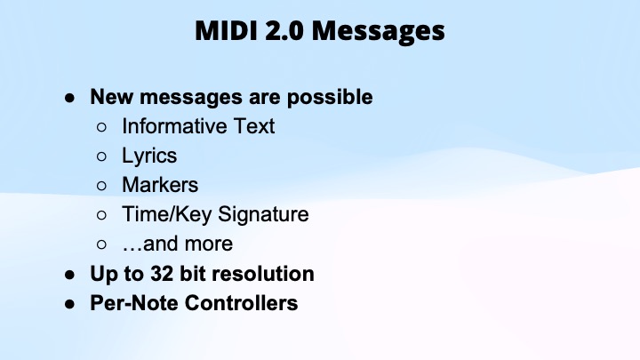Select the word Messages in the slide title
[x=383, y=32]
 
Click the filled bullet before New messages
[x=68, y=97]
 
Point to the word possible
[x=330, y=97]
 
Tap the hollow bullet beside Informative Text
[x=102, y=126]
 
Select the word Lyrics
[x=149, y=156]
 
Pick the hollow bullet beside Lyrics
[x=102, y=156]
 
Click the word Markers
[x=160, y=185]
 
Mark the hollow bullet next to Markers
[x=102, y=185]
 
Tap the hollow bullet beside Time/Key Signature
[x=102, y=214]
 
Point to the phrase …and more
[x=177, y=244]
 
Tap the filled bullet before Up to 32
[x=68, y=273]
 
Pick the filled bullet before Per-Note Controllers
[x=68, y=302]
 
